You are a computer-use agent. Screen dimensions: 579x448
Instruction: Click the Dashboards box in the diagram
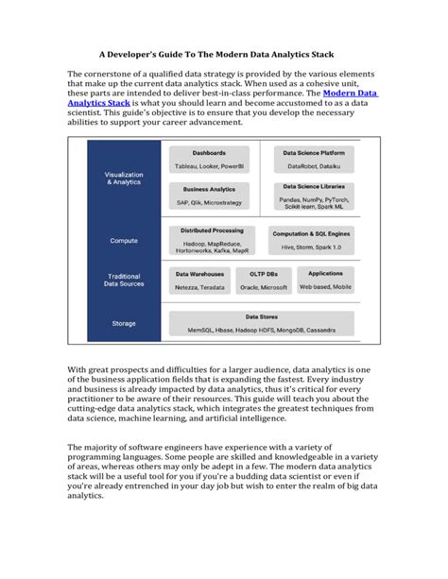pyautogui.click(x=209, y=159)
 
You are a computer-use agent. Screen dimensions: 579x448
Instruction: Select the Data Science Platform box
pyautogui.click(x=313, y=159)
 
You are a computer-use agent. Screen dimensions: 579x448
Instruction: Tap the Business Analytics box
pyautogui.click(x=209, y=196)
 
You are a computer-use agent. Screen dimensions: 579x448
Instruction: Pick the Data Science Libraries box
pyautogui.click(x=313, y=196)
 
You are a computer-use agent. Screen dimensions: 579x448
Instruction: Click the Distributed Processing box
pyautogui.click(x=209, y=240)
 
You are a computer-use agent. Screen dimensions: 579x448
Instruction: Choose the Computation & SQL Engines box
pyautogui.click(x=313, y=240)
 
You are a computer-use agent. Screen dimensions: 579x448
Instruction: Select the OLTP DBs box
pyautogui.click(x=263, y=281)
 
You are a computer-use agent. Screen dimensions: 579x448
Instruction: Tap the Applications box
pyautogui.click(x=326, y=281)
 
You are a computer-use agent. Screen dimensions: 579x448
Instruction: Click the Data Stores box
pyautogui.click(x=261, y=322)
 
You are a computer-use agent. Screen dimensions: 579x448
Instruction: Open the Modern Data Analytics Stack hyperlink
pyautogui.click(x=350, y=94)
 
